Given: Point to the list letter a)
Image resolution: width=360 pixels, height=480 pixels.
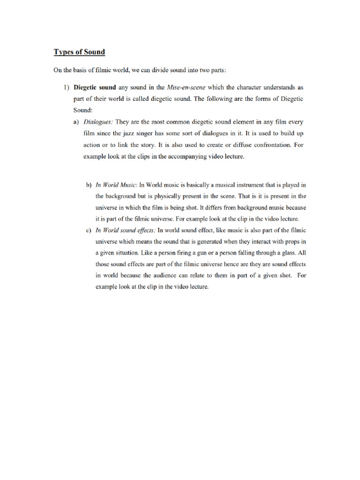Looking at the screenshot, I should [76, 121].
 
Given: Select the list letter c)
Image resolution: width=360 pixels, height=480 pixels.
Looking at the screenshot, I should [88, 230].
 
